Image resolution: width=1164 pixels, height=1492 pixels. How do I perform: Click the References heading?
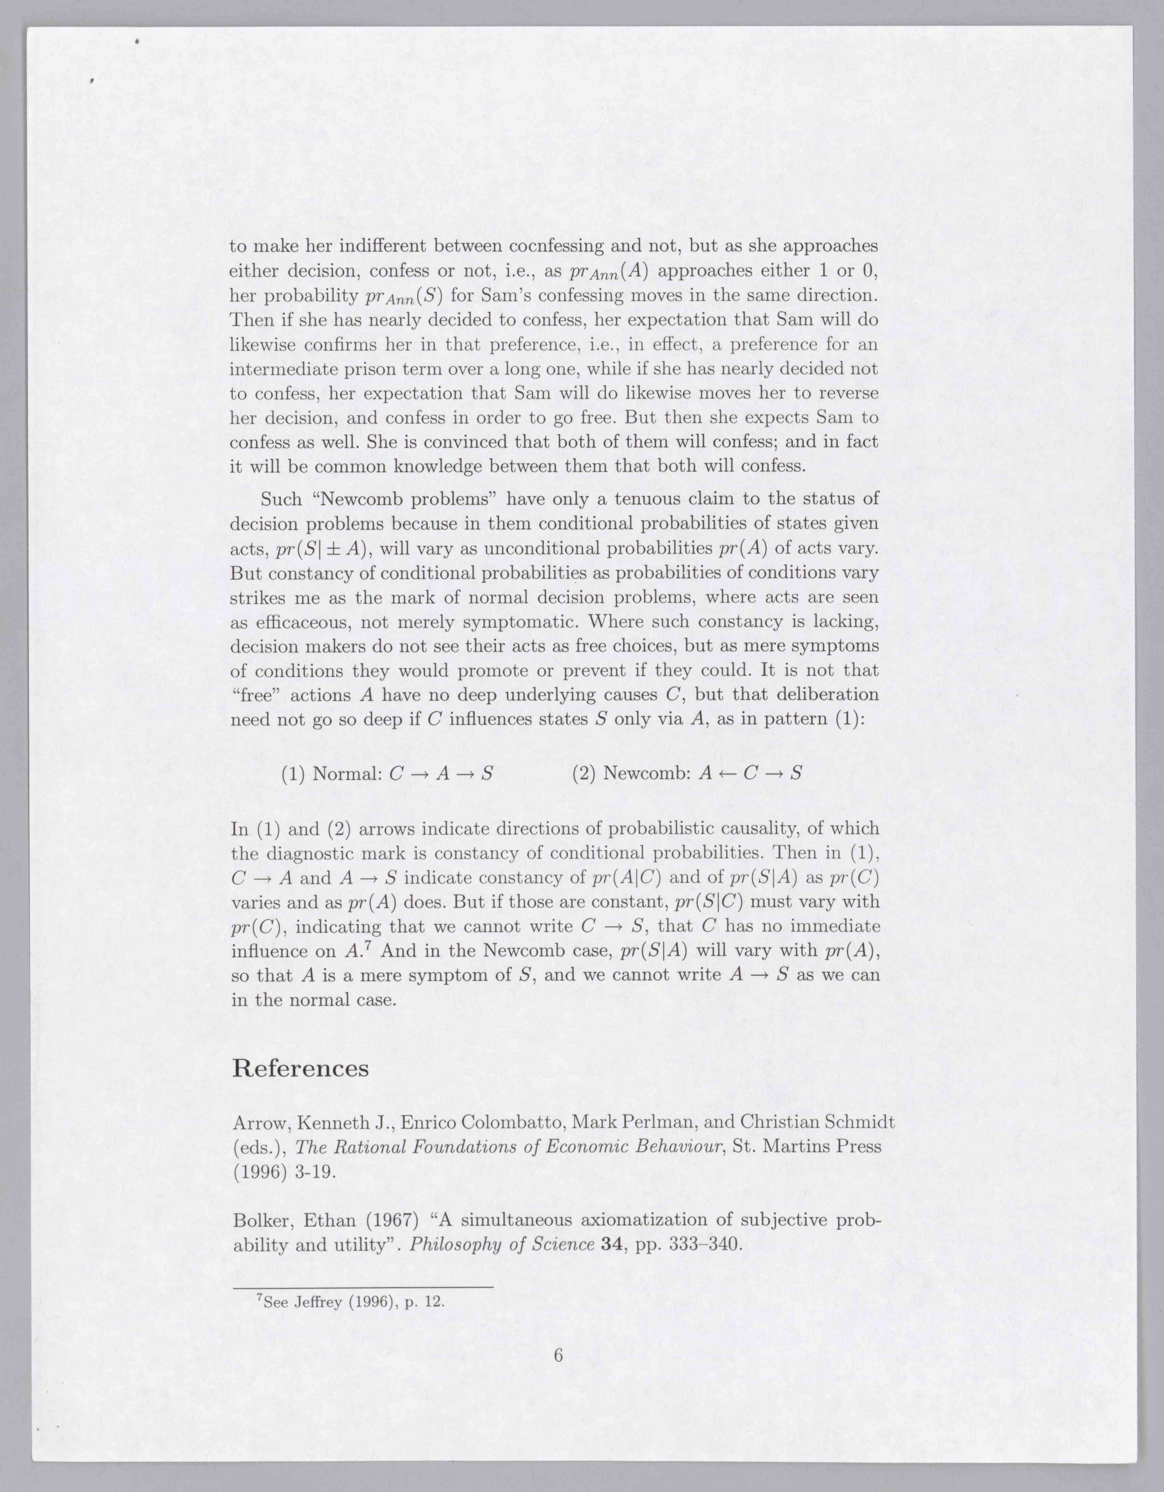point(300,1068)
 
